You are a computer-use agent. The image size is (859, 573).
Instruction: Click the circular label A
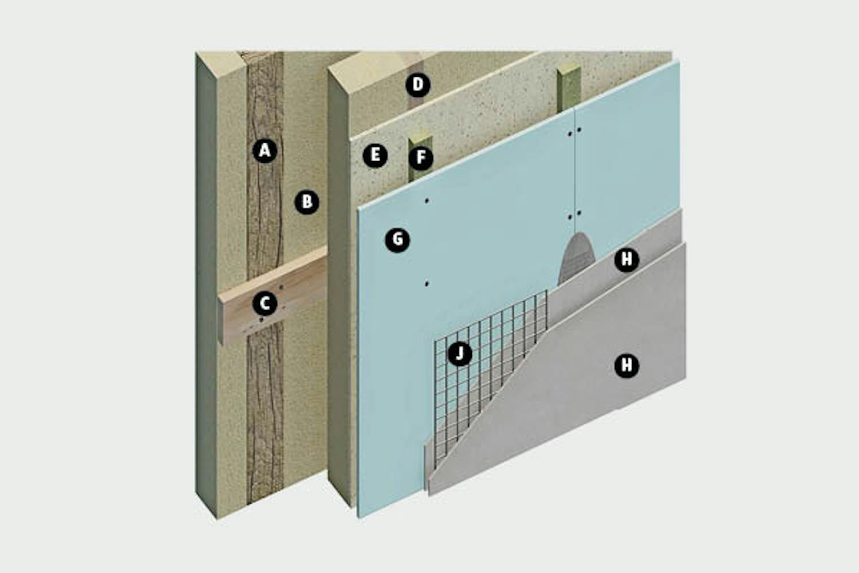point(265,151)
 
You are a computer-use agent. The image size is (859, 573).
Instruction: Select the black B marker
point(307,202)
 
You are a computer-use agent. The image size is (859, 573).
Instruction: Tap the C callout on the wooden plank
point(265,303)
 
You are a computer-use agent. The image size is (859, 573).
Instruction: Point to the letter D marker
point(418,84)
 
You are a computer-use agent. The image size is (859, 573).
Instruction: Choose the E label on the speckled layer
point(375,155)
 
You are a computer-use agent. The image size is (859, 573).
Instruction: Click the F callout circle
point(421,158)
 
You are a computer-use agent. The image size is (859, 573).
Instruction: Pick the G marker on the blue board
point(397,240)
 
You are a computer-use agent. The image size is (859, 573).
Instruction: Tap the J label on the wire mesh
point(460,354)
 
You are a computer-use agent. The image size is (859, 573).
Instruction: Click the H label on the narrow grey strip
point(626,260)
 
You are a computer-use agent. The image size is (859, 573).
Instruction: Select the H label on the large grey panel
point(626,365)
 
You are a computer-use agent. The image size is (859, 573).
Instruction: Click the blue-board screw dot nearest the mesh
point(427,284)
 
